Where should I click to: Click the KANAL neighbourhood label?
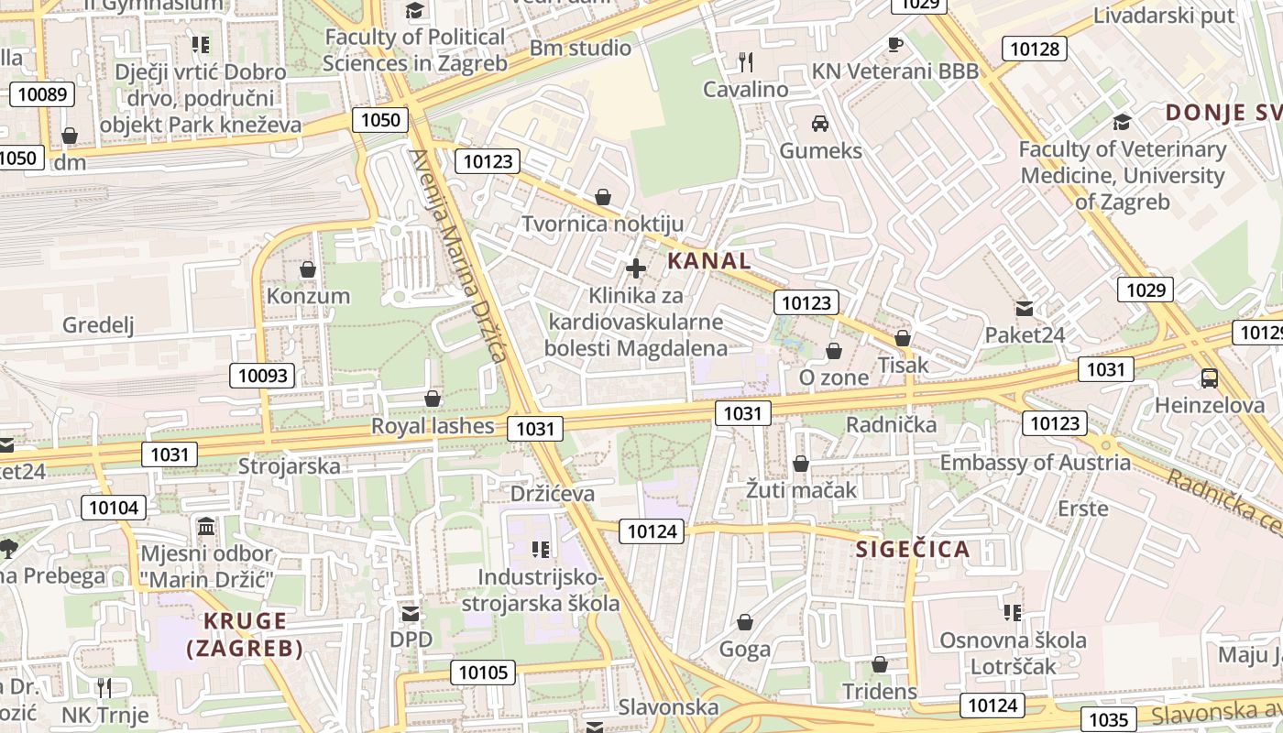(709, 260)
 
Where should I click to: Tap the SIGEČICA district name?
(912, 550)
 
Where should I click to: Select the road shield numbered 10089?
(42, 93)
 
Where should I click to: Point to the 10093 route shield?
(263, 375)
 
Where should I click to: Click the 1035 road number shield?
(1108, 719)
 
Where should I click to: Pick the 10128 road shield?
(1034, 49)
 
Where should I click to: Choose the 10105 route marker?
(483, 673)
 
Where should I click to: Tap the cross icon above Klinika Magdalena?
(636, 268)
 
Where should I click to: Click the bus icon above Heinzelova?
(1210, 378)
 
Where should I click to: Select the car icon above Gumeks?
(820, 124)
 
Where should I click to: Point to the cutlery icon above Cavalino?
(746, 62)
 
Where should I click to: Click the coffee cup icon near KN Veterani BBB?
(895, 44)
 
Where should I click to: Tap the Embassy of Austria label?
(1036, 462)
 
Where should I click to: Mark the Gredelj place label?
(98, 324)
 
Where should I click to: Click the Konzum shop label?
(308, 296)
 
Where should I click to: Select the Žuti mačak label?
(801, 490)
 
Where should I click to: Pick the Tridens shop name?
(879, 691)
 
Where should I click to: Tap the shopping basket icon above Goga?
(745, 623)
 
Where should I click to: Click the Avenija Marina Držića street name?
(458, 257)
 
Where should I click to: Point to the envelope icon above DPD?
(411, 613)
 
